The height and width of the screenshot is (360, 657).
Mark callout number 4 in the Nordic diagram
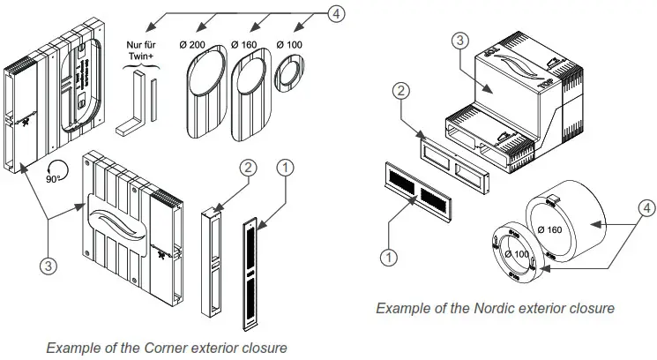tap(646, 208)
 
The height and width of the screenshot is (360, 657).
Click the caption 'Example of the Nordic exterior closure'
tap(495, 308)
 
